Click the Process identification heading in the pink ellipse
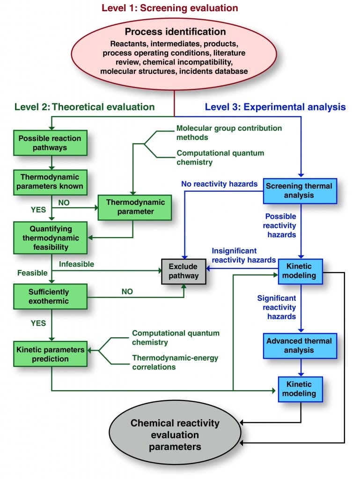(x=175, y=31)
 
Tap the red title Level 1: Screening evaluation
(x=169, y=7)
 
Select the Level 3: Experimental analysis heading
(x=275, y=107)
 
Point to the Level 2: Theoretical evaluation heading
(x=85, y=107)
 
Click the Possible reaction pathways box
(x=50, y=143)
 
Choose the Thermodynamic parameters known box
(x=50, y=182)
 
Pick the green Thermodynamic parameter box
(x=135, y=207)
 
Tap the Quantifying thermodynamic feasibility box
(x=50, y=238)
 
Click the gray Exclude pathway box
(x=184, y=271)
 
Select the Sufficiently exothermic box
(x=50, y=296)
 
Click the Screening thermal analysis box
(x=300, y=191)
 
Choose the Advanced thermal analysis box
(x=300, y=346)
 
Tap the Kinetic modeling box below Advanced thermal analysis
(x=300, y=389)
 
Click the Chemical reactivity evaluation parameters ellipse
(x=175, y=435)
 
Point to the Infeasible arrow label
(x=76, y=264)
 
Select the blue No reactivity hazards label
(x=220, y=184)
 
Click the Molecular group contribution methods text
(x=229, y=132)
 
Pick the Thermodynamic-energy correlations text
(x=175, y=363)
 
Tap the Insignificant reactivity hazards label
(x=244, y=255)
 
